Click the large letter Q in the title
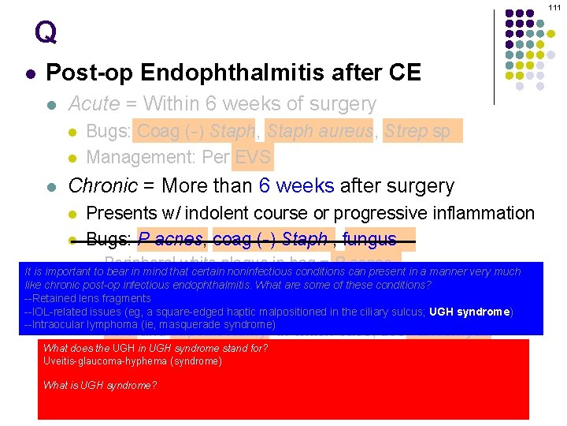click(46, 32)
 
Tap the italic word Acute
click(94, 104)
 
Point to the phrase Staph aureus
click(319, 131)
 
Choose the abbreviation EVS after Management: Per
click(253, 156)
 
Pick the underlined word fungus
click(370, 240)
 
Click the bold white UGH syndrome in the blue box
click(469, 312)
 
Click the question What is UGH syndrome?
click(100, 385)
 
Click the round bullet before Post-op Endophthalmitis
click(30, 73)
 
